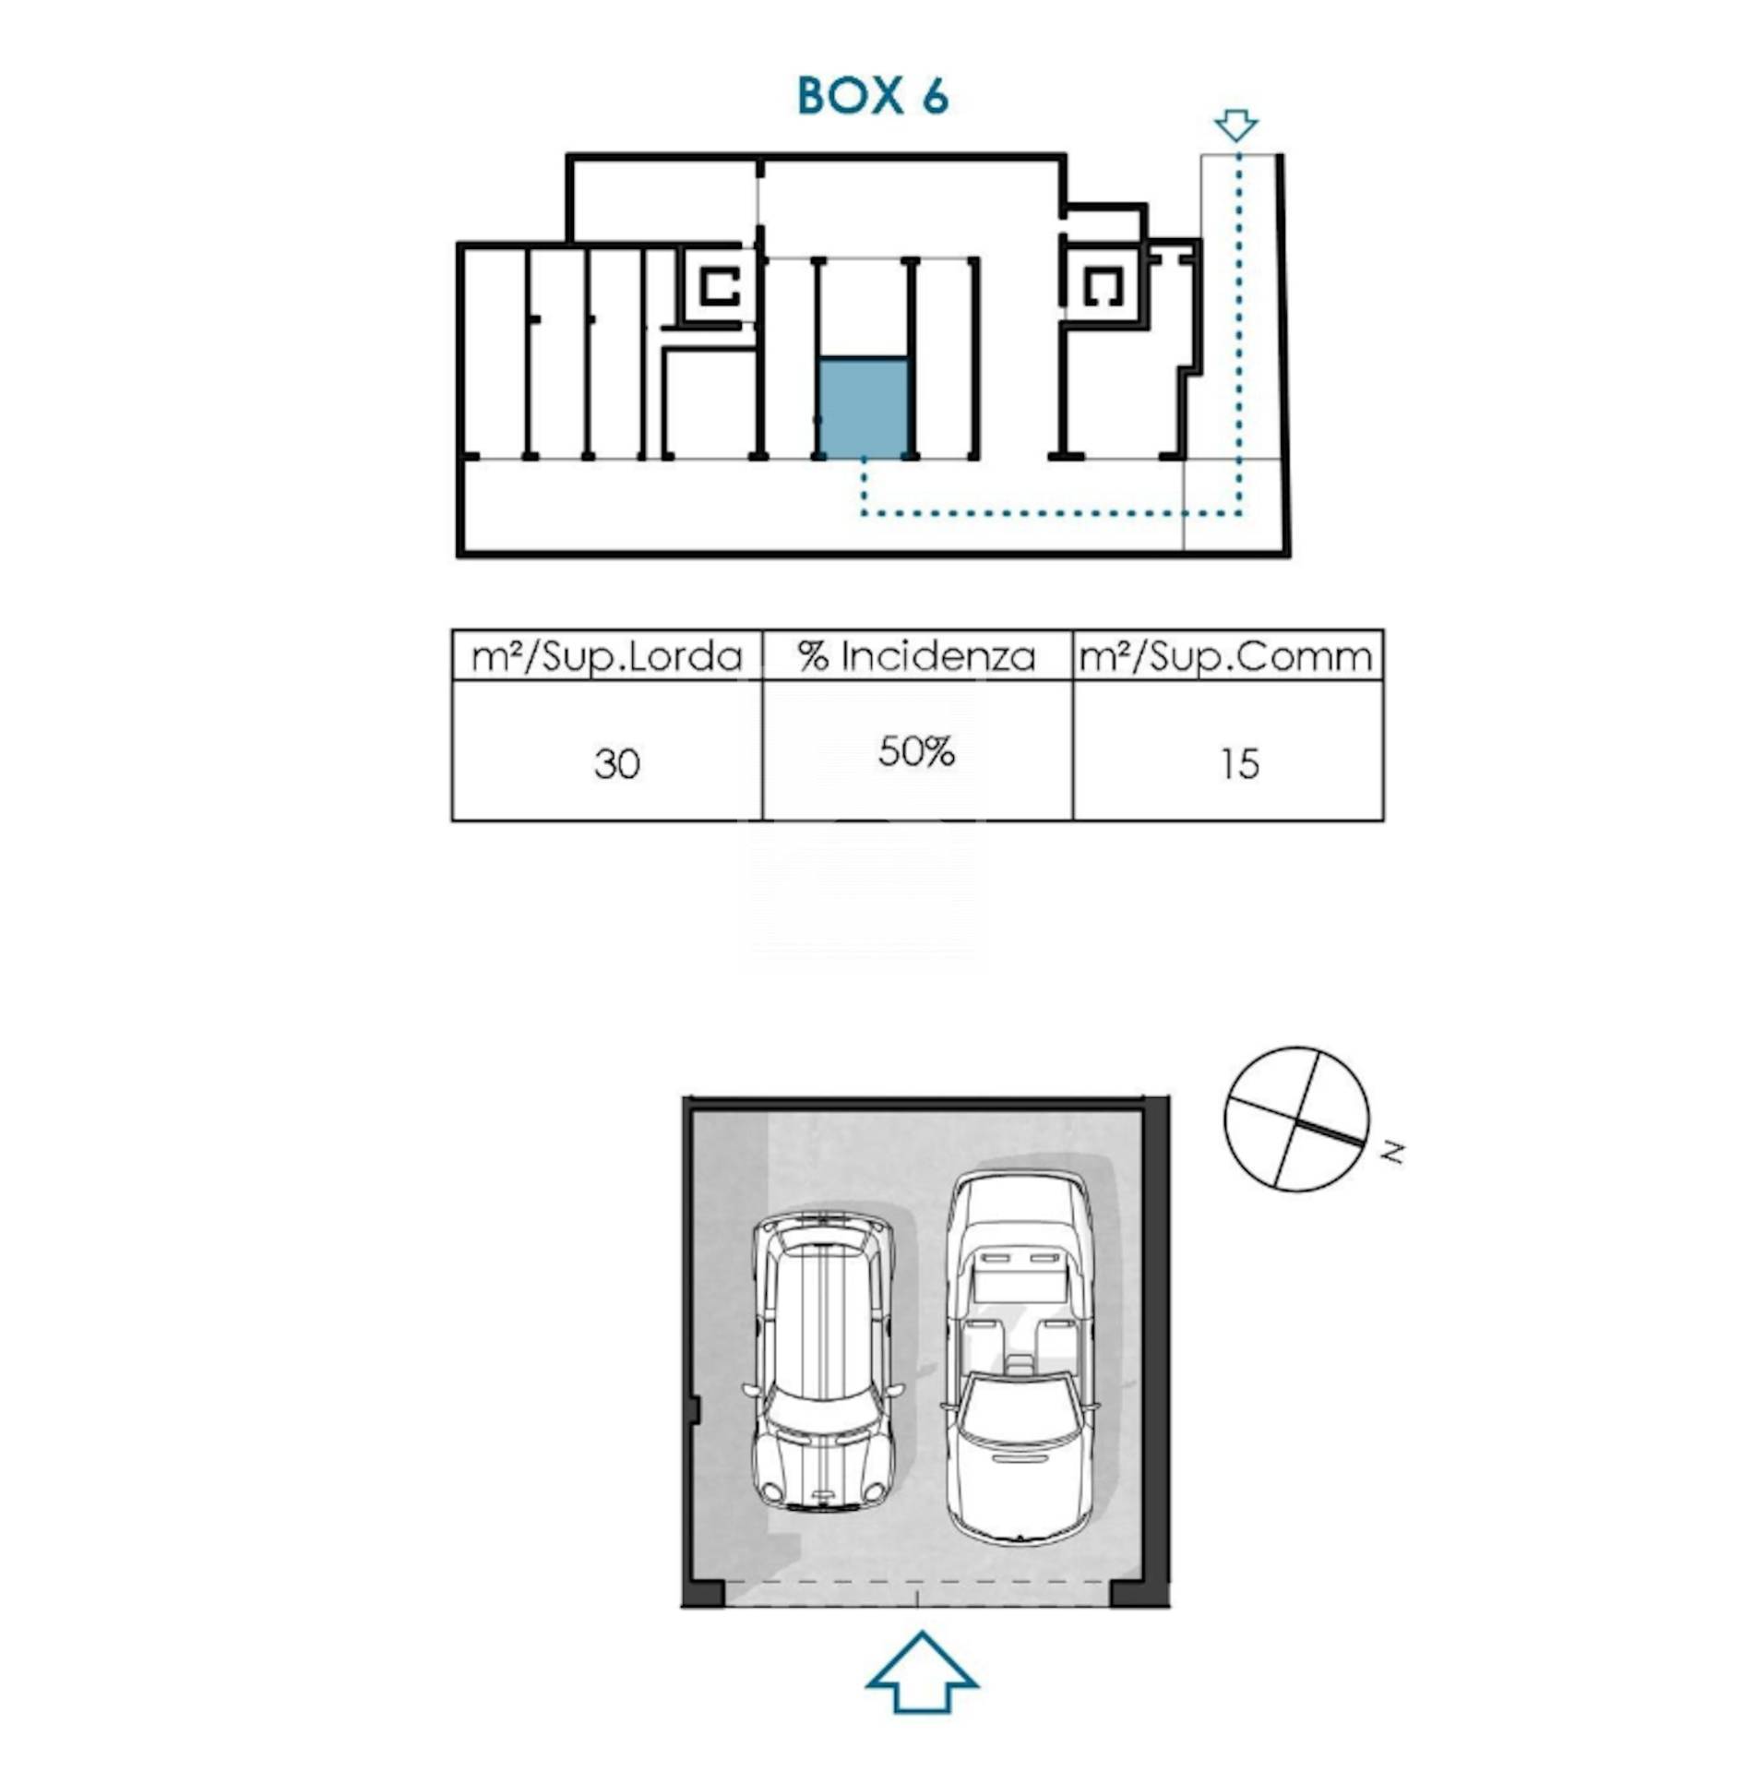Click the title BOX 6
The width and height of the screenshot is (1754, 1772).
872,96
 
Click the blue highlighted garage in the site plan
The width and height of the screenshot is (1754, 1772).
864,408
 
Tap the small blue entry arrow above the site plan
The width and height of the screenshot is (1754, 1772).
1235,125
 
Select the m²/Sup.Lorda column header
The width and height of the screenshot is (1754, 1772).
606,657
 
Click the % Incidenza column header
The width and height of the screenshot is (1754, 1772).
916,657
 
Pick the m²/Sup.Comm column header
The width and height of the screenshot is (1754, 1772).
1226,657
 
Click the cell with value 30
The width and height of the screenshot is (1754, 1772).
616,764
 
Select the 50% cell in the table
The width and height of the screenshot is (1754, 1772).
916,752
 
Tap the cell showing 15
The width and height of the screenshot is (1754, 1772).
1239,764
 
